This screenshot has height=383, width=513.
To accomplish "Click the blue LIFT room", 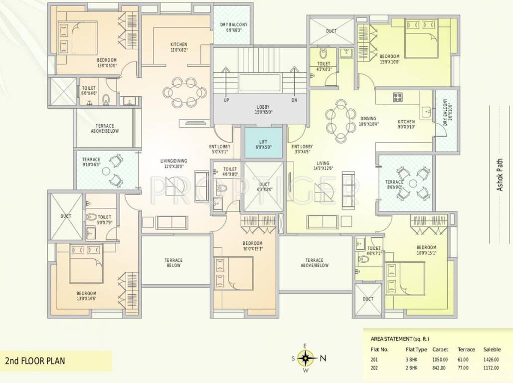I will tap(263, 144).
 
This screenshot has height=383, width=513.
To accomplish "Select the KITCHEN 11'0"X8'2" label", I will tap(178, 47).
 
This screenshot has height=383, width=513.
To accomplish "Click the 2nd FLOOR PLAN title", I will tap(35, 360).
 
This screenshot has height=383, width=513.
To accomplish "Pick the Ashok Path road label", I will tap(500, 176).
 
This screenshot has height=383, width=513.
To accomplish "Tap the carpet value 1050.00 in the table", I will tap(440, 359).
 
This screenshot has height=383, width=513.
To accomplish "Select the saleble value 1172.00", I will tap(492, 368).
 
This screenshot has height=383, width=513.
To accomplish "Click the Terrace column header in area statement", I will tap(466, 349).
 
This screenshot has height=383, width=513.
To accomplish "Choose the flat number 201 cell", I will tap(375, 359).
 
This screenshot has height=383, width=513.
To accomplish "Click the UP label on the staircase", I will tap(226, 100).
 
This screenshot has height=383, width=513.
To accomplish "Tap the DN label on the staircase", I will tap(294, 100).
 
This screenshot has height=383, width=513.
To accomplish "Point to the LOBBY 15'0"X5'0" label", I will tap(263, 110).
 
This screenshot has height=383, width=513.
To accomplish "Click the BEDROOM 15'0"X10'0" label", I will tap(389, 59).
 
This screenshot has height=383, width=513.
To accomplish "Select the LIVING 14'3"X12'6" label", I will tap(323, 166).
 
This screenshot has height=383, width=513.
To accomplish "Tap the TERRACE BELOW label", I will tap(173, 263).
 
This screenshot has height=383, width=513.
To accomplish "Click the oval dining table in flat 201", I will tap(184, 92).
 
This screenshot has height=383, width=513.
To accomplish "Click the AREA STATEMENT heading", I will tap(400, 339).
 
